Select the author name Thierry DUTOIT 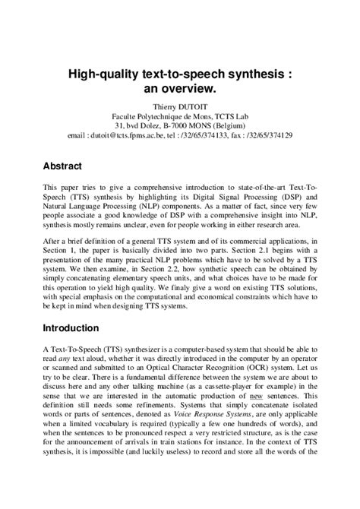click(x=179, y=106)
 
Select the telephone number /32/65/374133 click(x=206, y=134)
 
